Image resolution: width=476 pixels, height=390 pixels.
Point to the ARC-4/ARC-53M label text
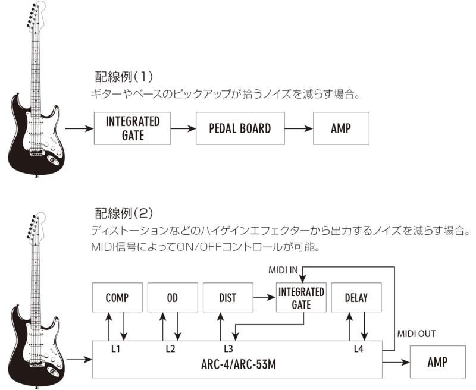pyautogui.click(x=239, y=364)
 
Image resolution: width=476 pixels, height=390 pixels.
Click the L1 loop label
pyautogui.click(x=115, y=349)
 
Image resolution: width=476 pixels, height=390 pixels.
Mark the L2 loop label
pyautogui.click(x=170, y=349)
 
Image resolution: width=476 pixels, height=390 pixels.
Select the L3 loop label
pyautogui.click(x=228, y=349)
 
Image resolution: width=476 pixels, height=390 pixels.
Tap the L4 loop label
pyautogui.click(x=359, y=349)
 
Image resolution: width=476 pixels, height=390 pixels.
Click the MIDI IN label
pyautogui.click(x=283, y=270)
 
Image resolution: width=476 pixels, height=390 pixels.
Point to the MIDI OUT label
pyautogui.click(x=416, y=334)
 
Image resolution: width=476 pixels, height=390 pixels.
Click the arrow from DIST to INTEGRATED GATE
pyautogui.click(x=264, y=297)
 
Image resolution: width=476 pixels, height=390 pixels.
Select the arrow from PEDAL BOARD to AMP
pyautogui.click(x=299, y=128)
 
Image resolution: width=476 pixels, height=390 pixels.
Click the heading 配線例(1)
pyautogui.click(x=124, y=77)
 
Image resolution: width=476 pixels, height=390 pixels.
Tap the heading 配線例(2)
pyautogui.click(x=124, y=213)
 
